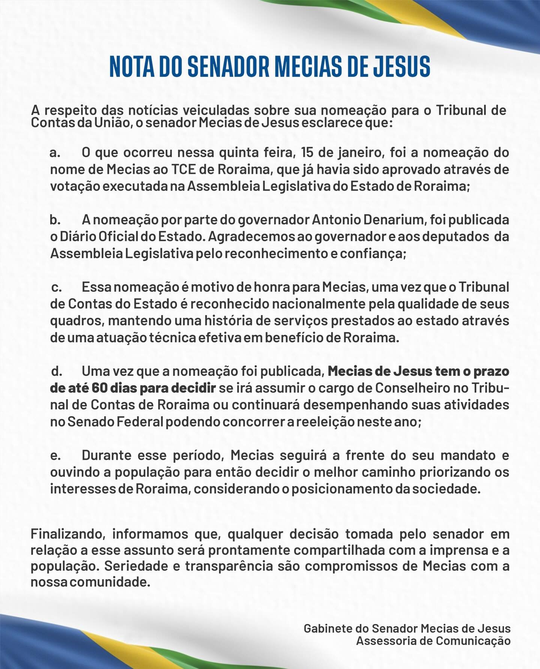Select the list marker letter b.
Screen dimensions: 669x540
55,220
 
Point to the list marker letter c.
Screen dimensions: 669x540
56,288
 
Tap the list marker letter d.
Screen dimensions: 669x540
56,372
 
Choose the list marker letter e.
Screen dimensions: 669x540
55,456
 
